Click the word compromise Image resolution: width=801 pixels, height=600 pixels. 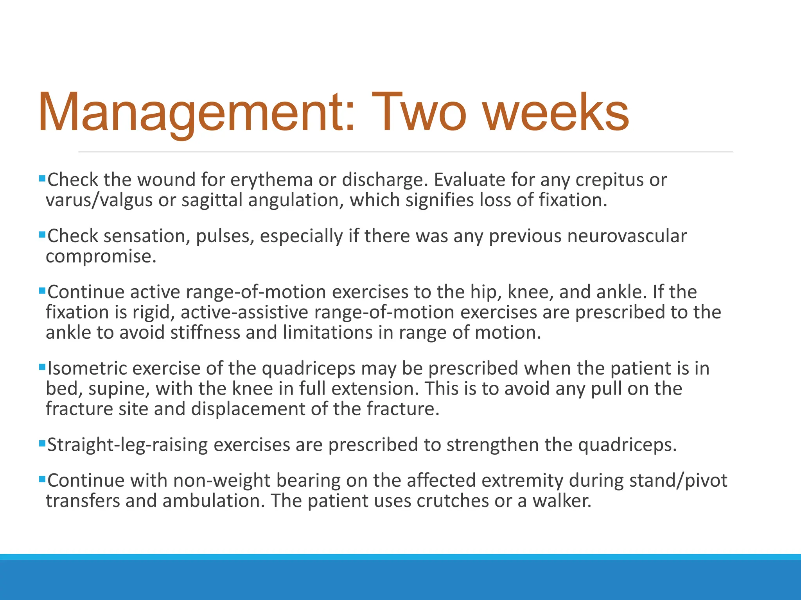[101, 257]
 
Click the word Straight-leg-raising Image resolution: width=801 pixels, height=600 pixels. [128, 445]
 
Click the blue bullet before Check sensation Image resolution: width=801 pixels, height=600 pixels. [42, 235]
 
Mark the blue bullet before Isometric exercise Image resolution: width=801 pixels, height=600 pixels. [42, 367]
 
